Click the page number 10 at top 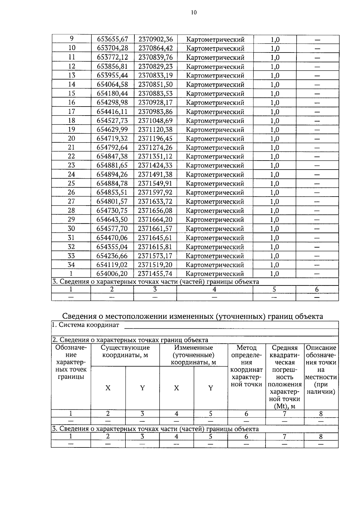click(193, 12)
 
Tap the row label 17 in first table click(71, 111)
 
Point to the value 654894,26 click(112, 174)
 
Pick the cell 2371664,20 click(155, 219)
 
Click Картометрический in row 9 click(215, 39)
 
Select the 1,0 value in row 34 click(274, 265)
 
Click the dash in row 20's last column click(317, 139)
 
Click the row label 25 click(71, 183)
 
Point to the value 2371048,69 click(155, 121)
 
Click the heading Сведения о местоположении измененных click(192, 316)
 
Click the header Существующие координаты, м click(125, 351)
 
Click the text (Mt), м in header click(284, 406)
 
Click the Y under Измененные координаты click(211, 388)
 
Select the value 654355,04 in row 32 click(112, 247)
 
